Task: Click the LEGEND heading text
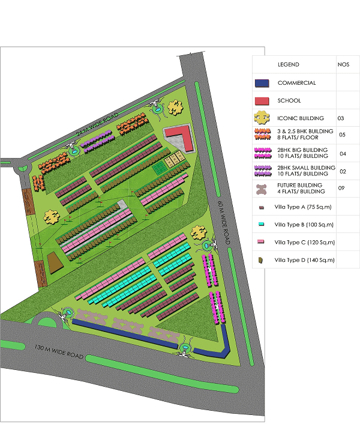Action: tap(288, 64)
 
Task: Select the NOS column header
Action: tap(343, 64)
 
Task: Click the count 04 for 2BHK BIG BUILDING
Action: tap(343, 153)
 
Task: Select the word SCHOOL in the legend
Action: tap(290, 100)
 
